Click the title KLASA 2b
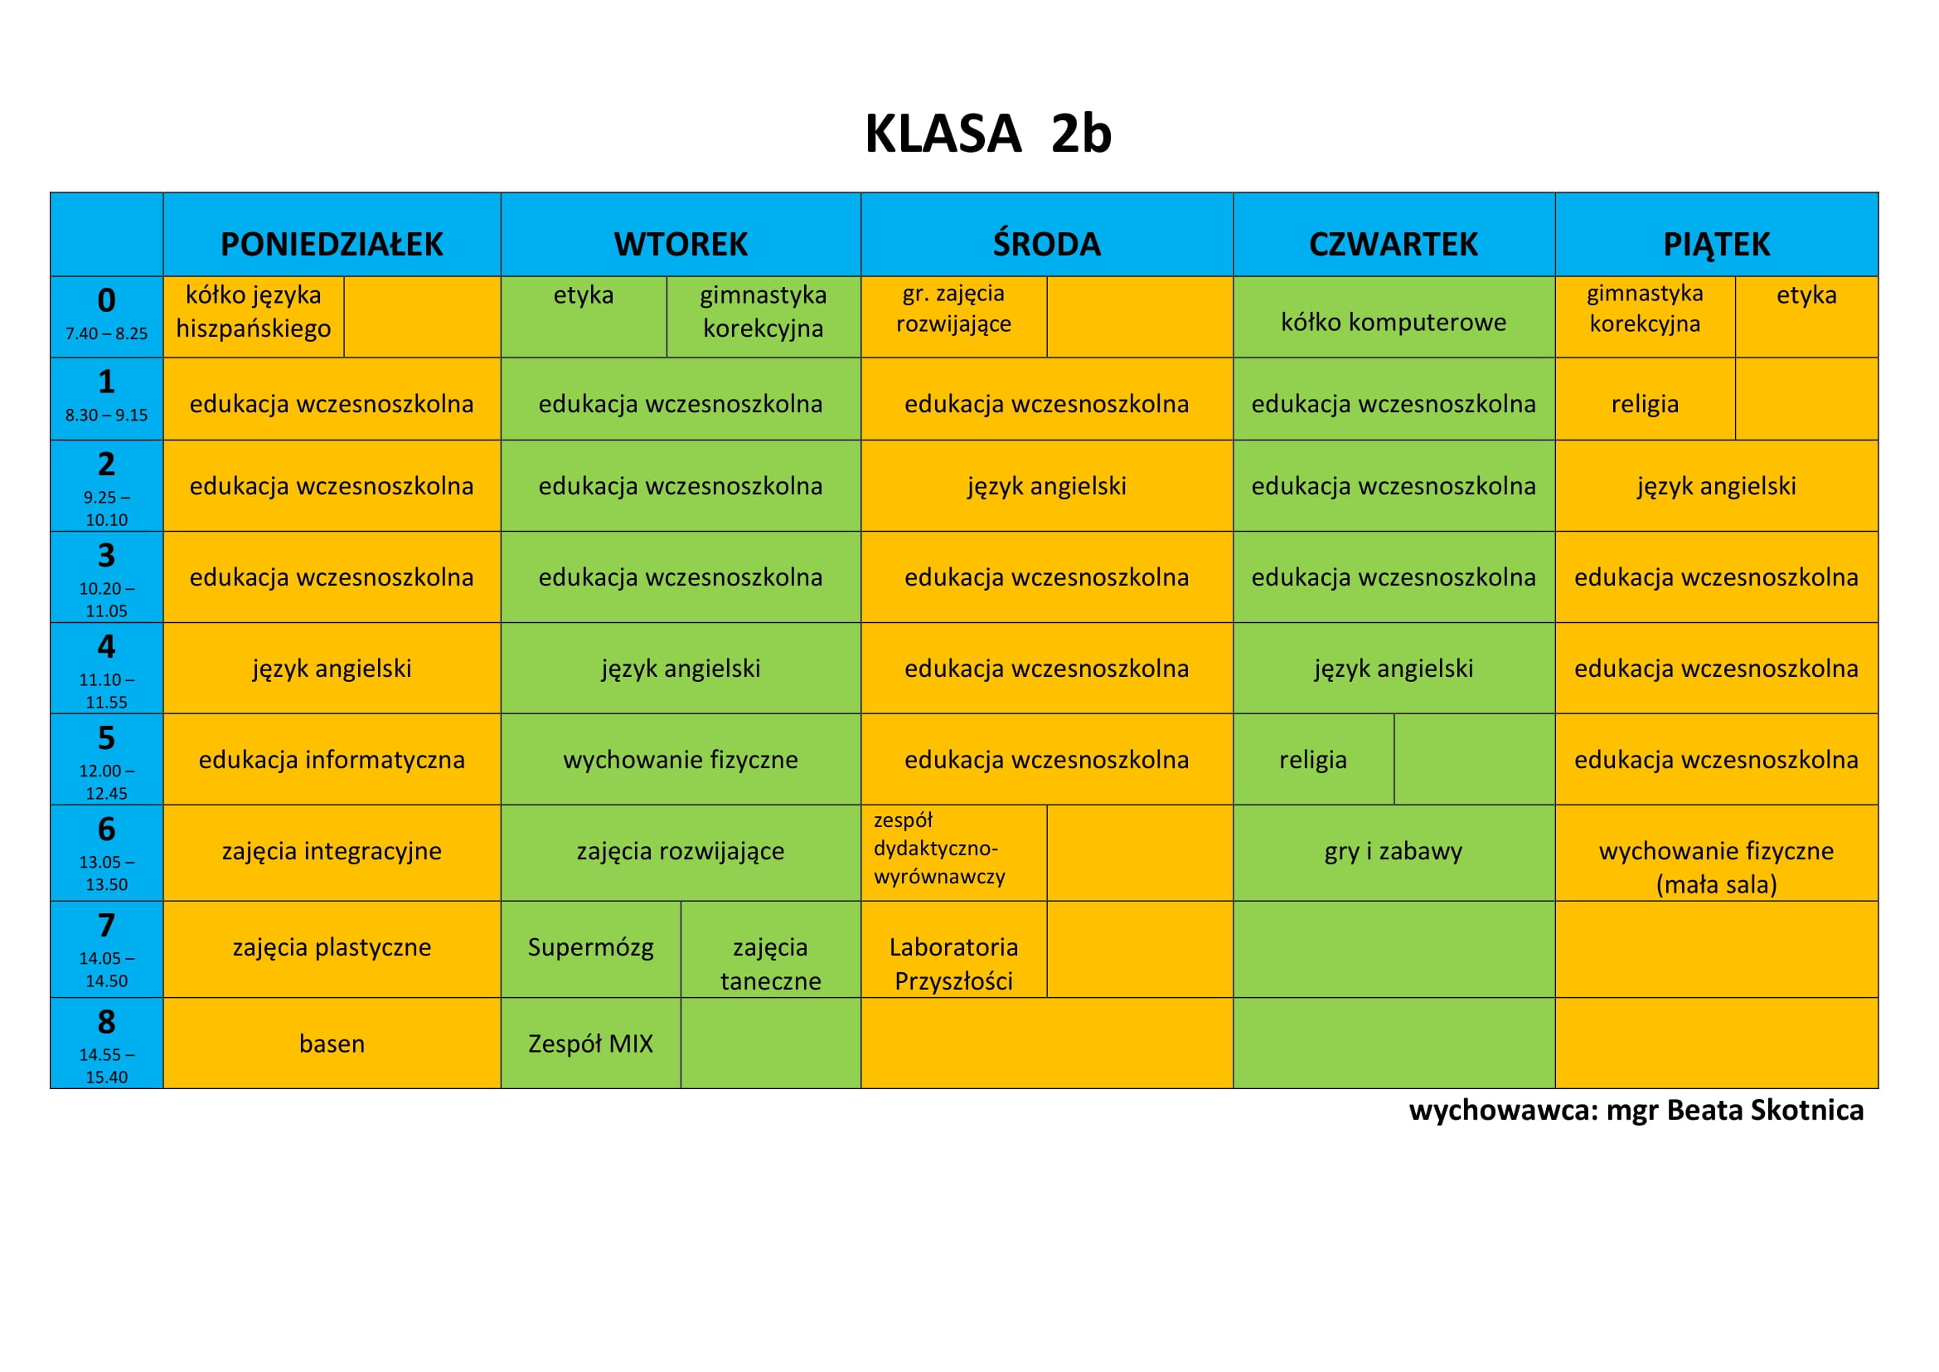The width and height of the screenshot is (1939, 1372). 988,134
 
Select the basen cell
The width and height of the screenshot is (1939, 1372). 332,1044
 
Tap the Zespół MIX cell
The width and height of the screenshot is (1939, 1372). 590,1044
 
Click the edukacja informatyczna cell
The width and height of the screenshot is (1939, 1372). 332,760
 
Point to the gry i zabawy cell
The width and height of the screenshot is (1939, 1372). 1394,851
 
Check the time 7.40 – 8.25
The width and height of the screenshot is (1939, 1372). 106,333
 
